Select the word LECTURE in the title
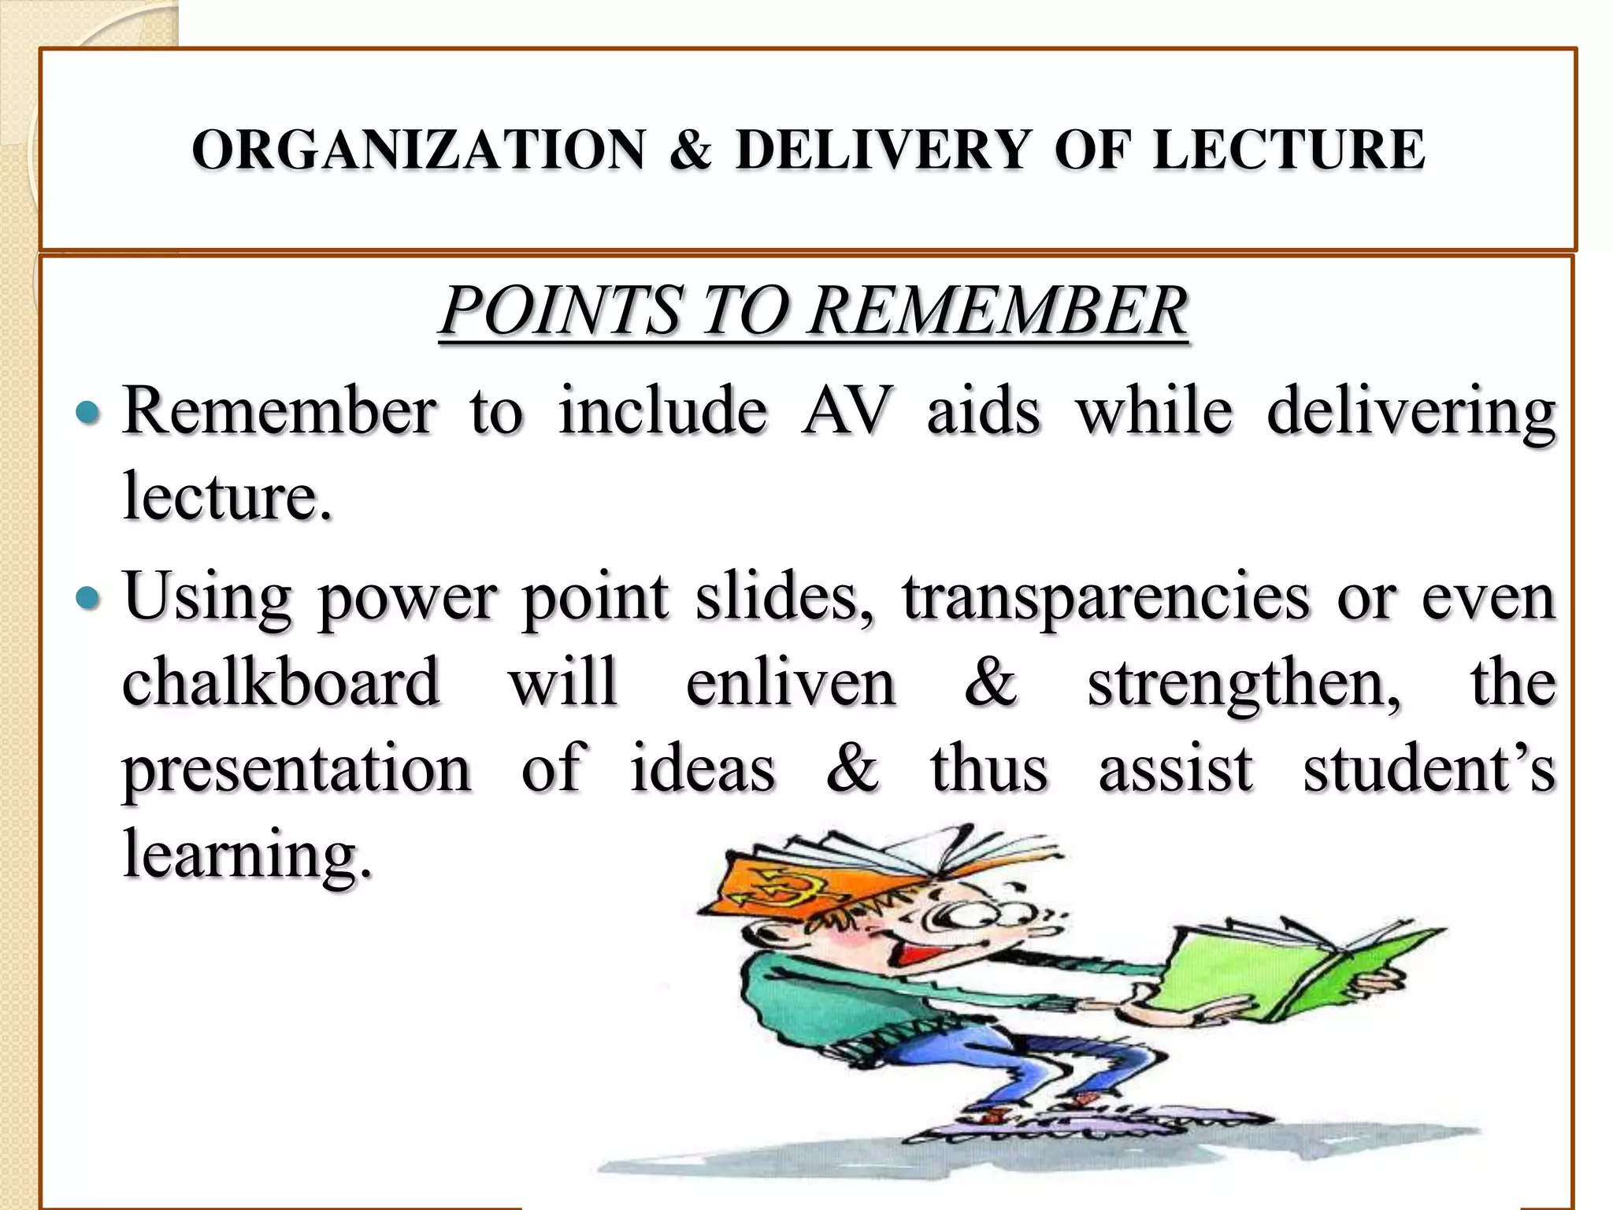click(1289, 150)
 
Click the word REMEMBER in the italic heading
click(998, 310)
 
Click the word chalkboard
click(280, 682)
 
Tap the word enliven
click(791, 682)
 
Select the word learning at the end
click(247, 856)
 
